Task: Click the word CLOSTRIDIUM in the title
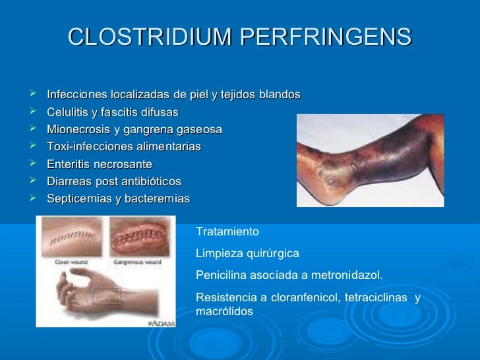tap(150, 38)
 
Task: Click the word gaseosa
tap(198, 129)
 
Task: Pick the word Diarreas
tap(69, 181)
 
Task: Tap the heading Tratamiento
tap(228, 232)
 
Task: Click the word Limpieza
tap(218, 253)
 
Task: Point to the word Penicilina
tap(221, 274)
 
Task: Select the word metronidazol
tap(348, 274)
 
